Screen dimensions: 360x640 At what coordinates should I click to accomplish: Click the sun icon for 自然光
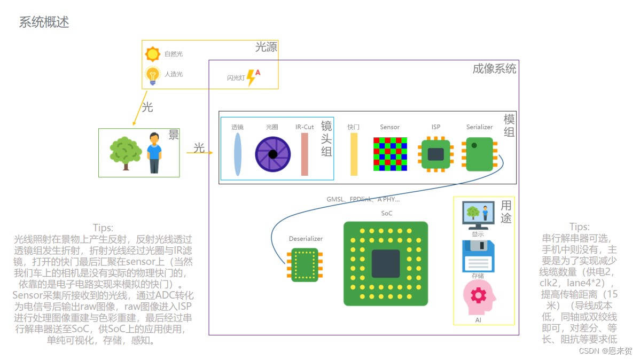point(153,54)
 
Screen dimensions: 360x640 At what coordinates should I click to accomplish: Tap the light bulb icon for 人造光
point(153,75)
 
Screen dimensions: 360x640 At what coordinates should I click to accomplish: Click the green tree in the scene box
point(126,152)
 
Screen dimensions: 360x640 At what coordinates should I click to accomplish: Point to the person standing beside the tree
point(154,152)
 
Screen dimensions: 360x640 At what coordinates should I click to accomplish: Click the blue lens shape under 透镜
point(238,154)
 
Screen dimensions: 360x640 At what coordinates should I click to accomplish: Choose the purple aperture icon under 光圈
point(272,154)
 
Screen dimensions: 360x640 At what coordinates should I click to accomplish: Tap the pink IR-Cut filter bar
point(305,154)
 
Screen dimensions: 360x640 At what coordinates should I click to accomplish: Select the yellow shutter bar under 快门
point(354,154)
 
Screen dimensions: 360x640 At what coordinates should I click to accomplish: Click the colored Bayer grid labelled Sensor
point(390,154)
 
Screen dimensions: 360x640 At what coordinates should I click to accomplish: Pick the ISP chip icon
point(436,154)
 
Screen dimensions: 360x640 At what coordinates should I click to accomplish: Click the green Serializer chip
point(480,154)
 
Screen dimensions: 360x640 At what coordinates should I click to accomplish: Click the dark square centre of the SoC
point(386,263)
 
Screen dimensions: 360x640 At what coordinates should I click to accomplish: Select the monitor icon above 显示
point(478,215)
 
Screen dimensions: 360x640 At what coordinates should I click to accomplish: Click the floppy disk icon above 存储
point(478,256)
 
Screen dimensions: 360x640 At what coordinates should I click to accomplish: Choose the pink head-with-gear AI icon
point(478,298)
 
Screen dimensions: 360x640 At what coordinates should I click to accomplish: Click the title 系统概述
point(44,22)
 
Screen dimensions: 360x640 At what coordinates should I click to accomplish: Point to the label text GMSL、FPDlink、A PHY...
point(363,199)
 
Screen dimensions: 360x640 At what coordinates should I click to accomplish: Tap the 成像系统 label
point(494,69)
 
